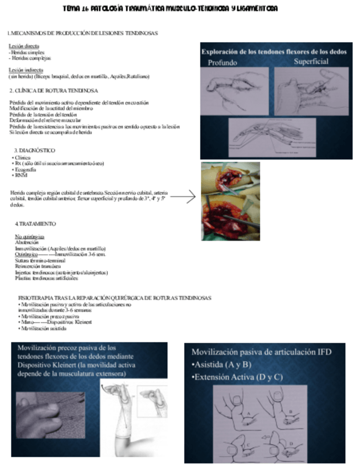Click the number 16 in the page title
85,9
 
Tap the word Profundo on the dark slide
222,62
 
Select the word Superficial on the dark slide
312,61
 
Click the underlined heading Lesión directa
24,46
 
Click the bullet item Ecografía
23,169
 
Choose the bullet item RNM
20,175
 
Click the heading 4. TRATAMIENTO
35,223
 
